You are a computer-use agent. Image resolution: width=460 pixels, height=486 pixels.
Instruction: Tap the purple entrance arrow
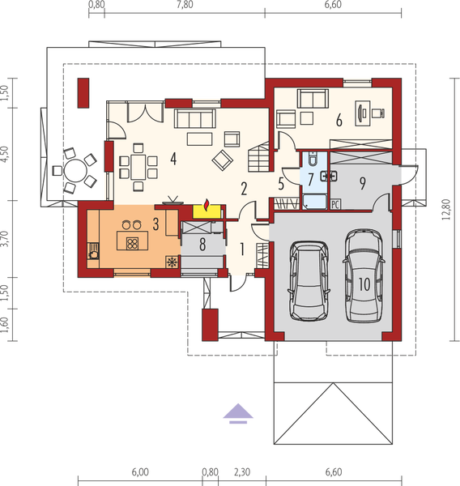[x=235, y=412]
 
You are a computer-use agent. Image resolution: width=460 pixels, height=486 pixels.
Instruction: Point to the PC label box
[x=335, y=206]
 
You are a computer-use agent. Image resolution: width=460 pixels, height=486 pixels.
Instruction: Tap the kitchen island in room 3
[x=129, y=241]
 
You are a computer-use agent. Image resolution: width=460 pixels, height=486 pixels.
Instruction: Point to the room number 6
[x=339, y=121]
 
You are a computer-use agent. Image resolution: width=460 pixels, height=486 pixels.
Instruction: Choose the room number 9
[x=363, y=183]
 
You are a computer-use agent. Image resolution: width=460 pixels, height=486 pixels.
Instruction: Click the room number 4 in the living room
[x=173, y=158]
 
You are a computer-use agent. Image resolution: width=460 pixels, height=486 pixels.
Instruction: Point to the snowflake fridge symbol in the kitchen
[x=171, y=262]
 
